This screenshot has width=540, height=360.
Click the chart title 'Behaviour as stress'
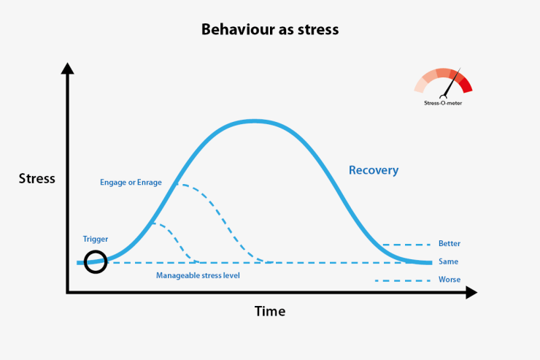point(270,31)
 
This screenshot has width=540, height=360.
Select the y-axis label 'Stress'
point(36,179)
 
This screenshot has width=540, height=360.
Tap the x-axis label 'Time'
point(270,311)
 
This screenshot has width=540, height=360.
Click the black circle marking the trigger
point(96,261)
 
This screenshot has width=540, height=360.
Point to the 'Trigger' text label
point(96,239)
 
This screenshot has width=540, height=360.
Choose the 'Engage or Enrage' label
point(131,182)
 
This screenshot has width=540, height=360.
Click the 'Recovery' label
point(374,170)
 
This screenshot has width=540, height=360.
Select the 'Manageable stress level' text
point(198,275)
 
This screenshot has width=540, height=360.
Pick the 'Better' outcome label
point(449,244)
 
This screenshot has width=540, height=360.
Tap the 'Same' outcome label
point(448,261)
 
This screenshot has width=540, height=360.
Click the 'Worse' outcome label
point(449,280)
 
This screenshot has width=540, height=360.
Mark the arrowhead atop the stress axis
point(67,69)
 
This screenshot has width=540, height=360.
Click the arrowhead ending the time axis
point(471,293)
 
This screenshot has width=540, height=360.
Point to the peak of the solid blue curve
point(254,120)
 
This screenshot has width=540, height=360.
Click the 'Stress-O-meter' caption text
point(443,104)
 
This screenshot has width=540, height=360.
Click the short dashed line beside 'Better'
point(402,245)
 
